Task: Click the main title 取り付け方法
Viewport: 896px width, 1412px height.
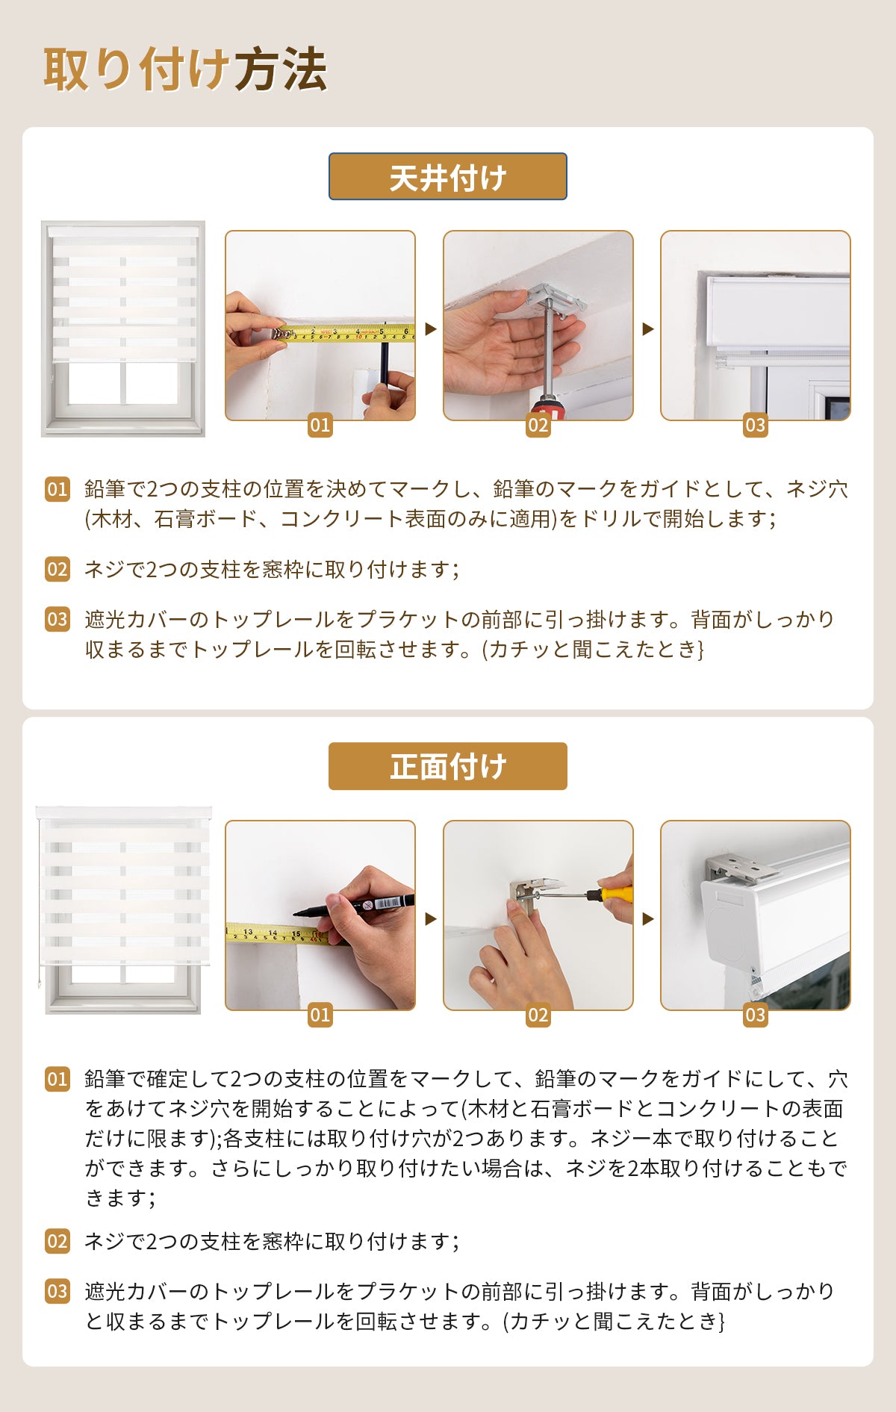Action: click(185, 69)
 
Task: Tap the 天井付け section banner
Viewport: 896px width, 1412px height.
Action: click(448, 177)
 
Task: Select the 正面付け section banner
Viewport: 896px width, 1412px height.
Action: click(448, 766)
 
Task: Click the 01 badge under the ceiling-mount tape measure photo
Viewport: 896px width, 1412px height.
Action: click(320, 426)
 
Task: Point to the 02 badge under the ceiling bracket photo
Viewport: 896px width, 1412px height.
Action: click(538, 426)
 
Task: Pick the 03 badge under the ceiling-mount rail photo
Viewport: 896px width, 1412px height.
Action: click(756, 426)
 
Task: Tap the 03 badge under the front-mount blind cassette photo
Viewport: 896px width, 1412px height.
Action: click(756, 1016)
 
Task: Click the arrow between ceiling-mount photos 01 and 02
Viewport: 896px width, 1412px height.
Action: click(430, 329)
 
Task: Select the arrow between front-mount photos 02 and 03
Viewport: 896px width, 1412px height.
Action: click(647, 918)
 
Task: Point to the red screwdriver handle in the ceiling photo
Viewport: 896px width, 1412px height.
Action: click(549, 408)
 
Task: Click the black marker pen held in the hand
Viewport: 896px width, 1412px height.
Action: click(354, 906)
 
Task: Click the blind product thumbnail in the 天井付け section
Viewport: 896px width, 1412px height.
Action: click(123, 329)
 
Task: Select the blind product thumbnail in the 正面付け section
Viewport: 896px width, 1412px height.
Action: click(124, 910)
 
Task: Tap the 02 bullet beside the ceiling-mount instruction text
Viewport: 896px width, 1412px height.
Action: click(57, 569)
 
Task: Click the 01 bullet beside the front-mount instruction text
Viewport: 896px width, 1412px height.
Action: click(57, 1079)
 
